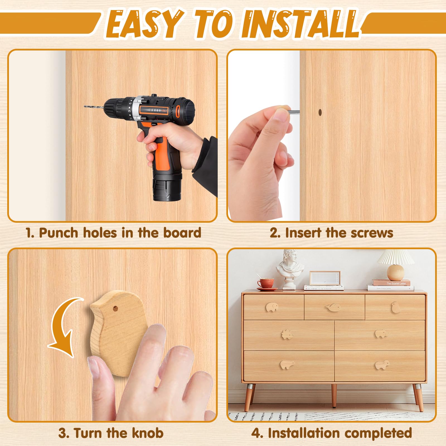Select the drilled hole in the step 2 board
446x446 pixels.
click(x=320, y=112)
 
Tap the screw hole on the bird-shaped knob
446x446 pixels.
click(x=115, y=309)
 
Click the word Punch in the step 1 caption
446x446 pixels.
click(x=58, y=233)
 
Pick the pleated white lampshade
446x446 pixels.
click(x=396, y=257)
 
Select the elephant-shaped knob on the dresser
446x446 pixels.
click(x=272, y=307)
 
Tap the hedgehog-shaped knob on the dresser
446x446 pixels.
click(x=287, y=334)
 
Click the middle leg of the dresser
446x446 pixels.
click(x=334, y=396)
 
